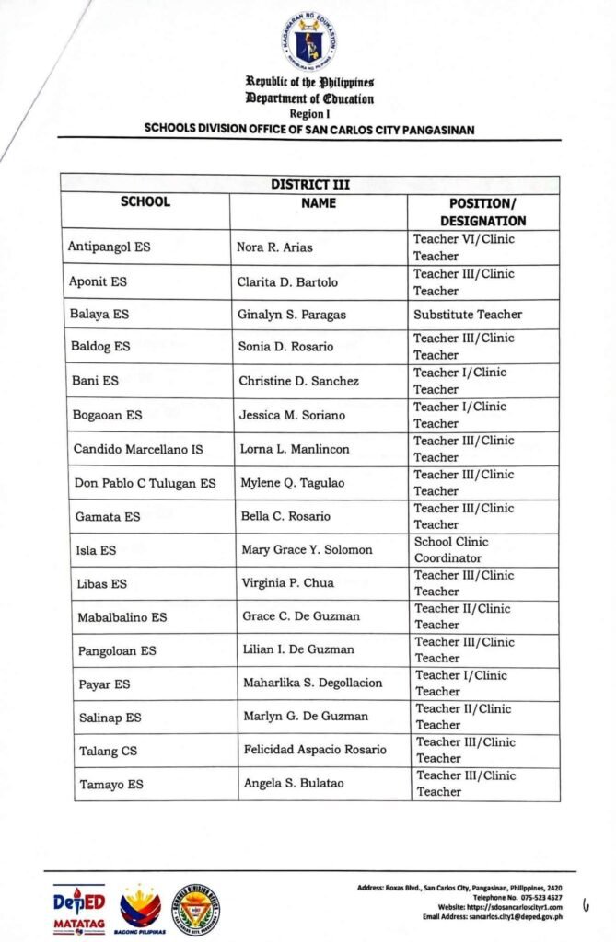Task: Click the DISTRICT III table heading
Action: (x=309, y=184)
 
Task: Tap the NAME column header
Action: (x=319, y=202)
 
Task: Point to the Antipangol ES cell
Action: (x=109, y=247)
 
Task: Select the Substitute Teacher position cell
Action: (x=468, y=315)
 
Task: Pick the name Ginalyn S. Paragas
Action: (x=292, y=315)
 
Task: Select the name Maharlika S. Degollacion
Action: (x=313, y=684)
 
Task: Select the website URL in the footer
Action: (x=505, y=907)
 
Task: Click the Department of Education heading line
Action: (x=309, y=98)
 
